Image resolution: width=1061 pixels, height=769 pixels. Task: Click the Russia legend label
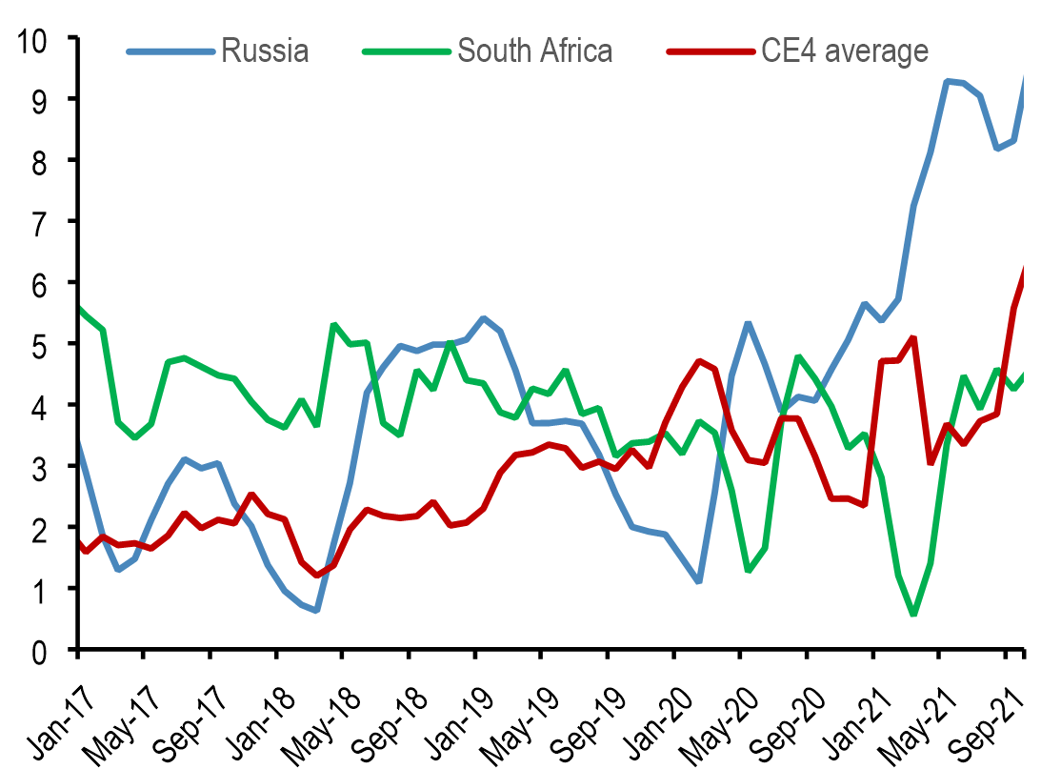[265, 50]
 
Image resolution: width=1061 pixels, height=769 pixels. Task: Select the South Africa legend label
[534, 50]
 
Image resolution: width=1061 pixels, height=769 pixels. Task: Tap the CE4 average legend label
[844, 50]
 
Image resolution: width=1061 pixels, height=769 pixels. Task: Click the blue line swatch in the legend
[170, 50]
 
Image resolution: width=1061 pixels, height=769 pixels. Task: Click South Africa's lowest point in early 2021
[913, 614]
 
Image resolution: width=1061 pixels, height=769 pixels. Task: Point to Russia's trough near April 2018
[315, 610]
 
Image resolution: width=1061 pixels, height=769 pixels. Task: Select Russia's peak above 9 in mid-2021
[947, 82]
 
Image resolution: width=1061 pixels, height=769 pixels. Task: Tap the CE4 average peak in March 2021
[913, 337]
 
